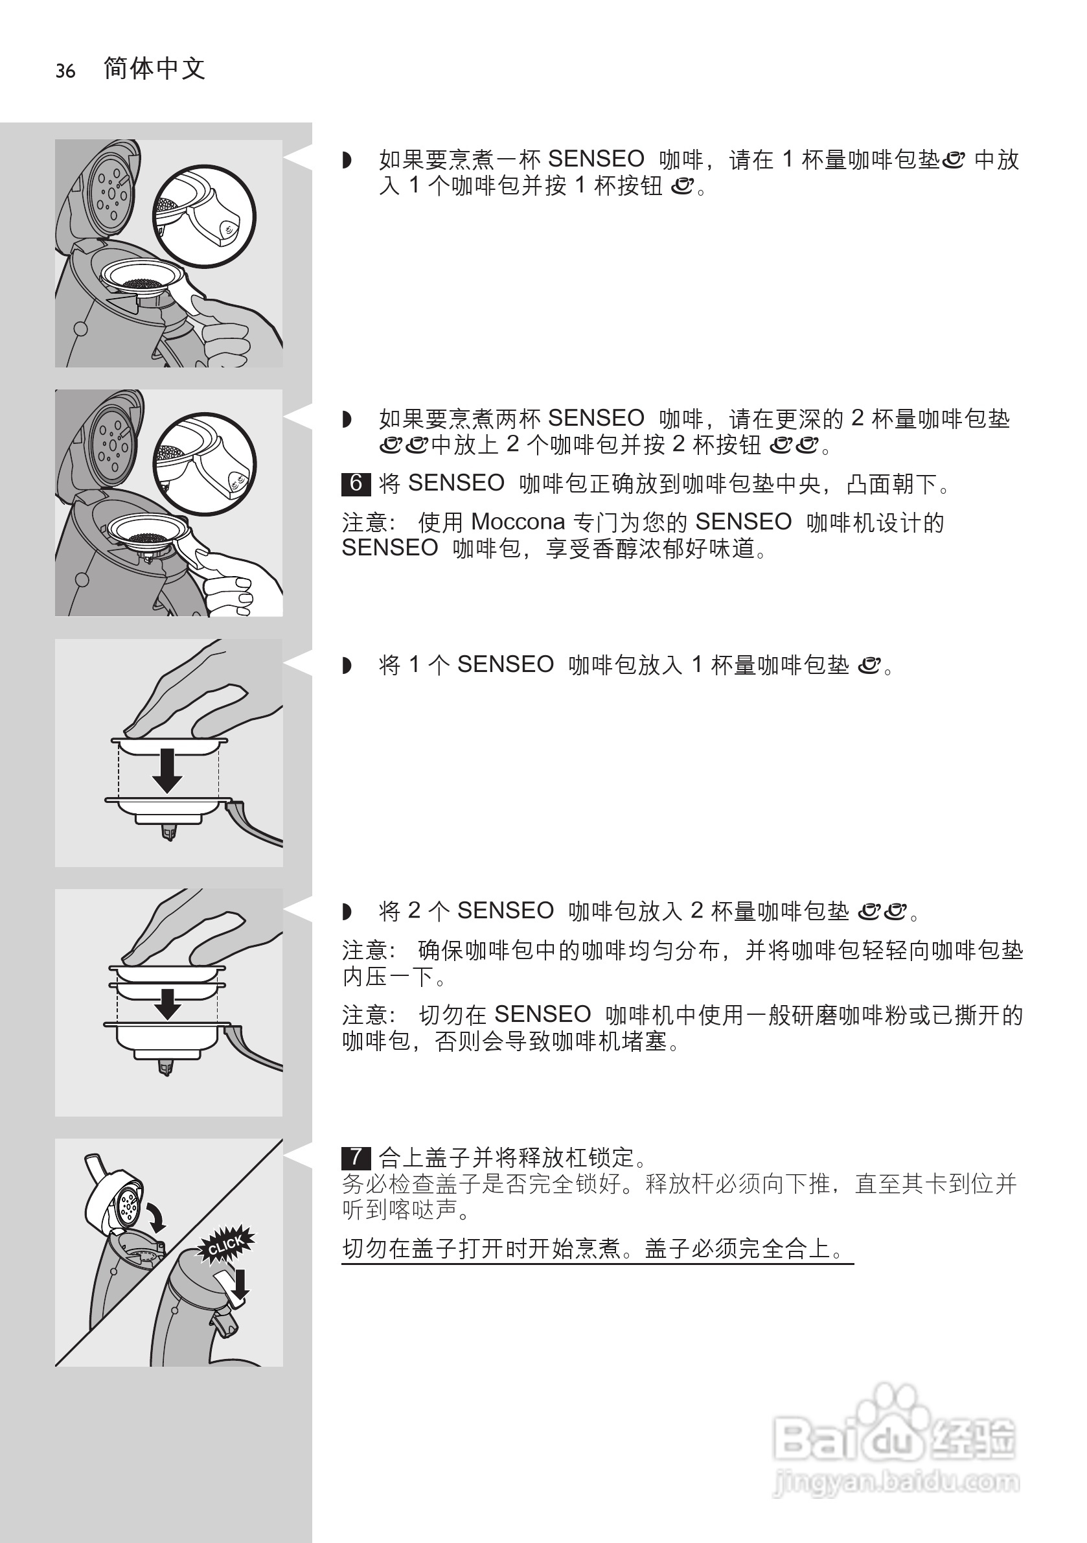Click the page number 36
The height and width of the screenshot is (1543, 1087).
[65, 71]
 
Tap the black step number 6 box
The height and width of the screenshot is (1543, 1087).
[356, 483]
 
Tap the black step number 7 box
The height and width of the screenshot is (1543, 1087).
[356, 1157]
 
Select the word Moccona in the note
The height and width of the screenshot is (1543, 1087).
[518, 522]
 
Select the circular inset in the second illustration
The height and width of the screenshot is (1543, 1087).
[204, 464]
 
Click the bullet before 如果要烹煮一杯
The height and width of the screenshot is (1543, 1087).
[347, 160]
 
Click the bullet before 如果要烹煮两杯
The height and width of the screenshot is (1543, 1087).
[347, 419]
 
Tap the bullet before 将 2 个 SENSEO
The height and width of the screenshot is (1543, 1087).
[347, 911]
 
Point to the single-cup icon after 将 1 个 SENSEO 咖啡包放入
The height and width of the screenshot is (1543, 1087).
[869, 666]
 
